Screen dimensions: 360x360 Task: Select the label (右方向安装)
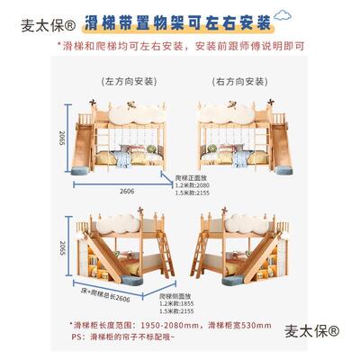click(x=238, y=78)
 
